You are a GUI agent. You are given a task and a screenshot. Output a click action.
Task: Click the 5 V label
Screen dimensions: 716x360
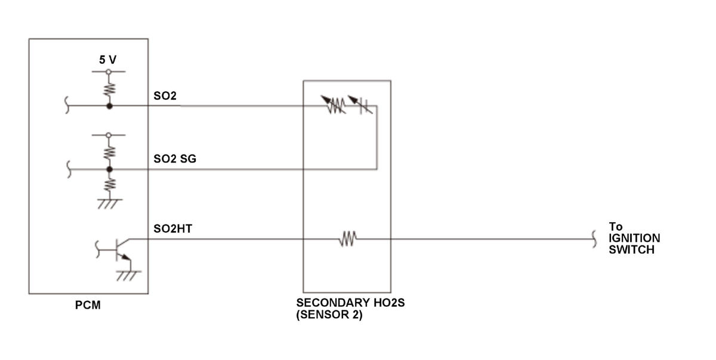coord(108,60)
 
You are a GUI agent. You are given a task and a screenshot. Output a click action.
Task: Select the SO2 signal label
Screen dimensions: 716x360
coord(165,96)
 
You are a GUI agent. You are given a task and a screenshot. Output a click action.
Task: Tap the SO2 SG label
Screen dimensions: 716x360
coord(175,159)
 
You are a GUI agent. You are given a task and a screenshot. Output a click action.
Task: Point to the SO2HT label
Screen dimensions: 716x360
coord(173,229)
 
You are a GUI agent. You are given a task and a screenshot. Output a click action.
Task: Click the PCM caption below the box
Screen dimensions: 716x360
coord(88,305)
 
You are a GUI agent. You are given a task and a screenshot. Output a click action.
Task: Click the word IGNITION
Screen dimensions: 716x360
coord(634,238)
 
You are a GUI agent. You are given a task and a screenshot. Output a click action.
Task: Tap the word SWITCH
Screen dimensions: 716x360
coord(632,250)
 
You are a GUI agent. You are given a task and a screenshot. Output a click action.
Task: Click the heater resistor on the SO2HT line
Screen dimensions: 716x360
coord(348,239)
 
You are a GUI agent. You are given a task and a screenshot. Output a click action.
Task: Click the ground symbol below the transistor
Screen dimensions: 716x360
coord(128,276)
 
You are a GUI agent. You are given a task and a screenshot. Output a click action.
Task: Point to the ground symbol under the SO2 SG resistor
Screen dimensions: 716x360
coord(110,204)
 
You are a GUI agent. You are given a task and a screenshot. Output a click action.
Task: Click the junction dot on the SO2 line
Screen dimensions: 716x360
coord(109,106)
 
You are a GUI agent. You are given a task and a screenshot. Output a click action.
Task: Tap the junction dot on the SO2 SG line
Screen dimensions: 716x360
coord(109,170)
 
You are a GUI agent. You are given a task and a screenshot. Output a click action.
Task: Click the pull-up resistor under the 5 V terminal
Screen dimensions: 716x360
coord(109,89)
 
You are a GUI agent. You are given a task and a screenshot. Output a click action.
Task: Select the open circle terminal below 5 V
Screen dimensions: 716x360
coord(109,72)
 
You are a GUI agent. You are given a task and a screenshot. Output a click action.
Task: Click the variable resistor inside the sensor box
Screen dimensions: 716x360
coord(334,104)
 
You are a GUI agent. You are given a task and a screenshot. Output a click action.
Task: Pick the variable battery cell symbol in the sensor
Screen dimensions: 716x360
coord(361,104)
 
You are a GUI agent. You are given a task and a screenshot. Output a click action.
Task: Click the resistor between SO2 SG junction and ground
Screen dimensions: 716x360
coord(110,185)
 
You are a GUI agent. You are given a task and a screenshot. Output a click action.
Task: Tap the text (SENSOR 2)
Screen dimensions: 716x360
coord(329,315)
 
